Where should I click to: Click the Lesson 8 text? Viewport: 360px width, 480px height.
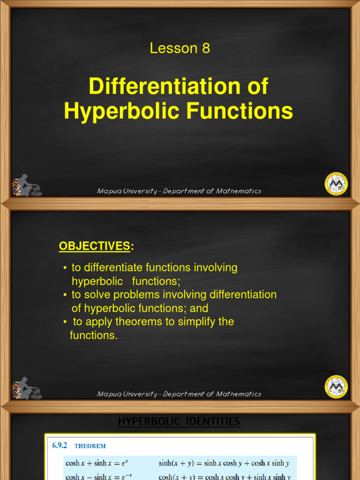(180, 48)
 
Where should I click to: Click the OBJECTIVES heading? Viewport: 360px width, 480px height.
(93, 246)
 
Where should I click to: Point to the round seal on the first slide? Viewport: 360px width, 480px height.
(336, 184)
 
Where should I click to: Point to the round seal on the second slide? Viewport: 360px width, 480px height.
(336, 387)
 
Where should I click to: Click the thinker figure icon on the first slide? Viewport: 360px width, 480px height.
(27, 186)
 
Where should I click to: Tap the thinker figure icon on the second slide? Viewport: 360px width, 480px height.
(27, 388)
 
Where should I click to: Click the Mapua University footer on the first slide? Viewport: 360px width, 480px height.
(179, 191)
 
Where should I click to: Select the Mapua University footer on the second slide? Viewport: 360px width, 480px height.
(179, 394)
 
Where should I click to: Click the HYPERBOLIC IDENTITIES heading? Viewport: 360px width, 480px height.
(179, 422)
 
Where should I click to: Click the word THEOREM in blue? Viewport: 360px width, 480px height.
(90, 447)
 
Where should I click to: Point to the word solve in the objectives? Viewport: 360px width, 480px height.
(96, 295)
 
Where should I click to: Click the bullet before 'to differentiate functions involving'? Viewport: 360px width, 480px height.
(65, 268)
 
